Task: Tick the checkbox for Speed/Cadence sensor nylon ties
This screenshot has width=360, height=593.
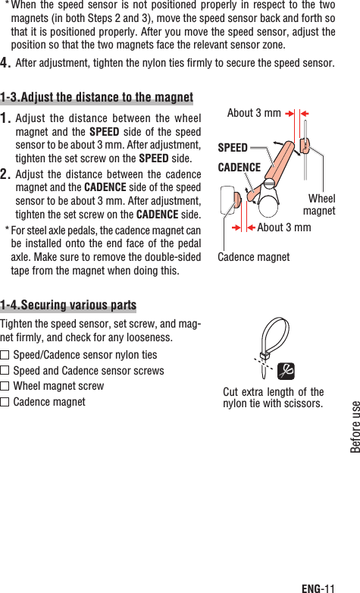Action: tap(5, 355)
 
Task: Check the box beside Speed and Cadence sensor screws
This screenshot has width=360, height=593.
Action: tap(5, 371)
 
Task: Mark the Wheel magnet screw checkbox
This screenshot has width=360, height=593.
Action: tap(5, 386)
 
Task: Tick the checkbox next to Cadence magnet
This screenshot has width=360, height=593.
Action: tap(5, 402)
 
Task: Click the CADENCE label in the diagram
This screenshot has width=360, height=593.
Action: tap(239, 167)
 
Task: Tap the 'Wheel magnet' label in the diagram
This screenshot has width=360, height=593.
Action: tap(320, 205)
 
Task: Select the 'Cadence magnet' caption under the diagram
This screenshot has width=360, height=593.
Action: tap(253, 257)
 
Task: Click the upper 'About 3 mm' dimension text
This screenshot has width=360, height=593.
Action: tap(254, 113)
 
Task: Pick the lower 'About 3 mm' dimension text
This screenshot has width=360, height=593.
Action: tap(283, 227)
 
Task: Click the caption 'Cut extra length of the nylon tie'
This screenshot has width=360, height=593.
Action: tap(273, 397)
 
